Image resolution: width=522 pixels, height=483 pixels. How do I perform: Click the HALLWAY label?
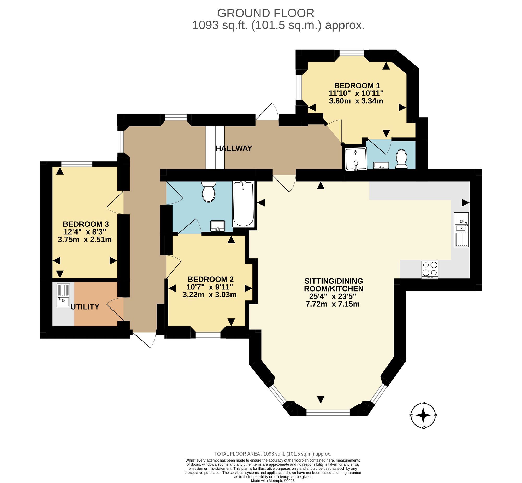tap(234, 148)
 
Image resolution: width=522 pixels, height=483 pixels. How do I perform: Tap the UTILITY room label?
tap(85, 307)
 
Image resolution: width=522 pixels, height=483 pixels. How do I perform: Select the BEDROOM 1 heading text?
tap(357, 85)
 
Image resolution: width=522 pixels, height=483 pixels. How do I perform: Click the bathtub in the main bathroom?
tap(243, 204)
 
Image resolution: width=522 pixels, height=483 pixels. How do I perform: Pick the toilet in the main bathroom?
tap(209, 192)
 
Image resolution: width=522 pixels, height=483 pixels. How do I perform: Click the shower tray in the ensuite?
tap(356, 159)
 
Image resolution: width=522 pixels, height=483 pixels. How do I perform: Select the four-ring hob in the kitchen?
tap(430, 270)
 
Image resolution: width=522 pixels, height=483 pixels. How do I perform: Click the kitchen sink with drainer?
tap(461, 230)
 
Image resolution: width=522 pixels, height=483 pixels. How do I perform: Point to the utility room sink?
tap(63, 295)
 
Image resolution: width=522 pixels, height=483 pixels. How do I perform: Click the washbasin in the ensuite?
tap(381, 165)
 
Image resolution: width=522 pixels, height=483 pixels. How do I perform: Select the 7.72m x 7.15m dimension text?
tap(333, 304)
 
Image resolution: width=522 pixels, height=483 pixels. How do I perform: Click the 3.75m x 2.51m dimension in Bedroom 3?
tap(85, 239)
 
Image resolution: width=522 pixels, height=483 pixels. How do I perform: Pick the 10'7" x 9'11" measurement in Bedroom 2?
tap(209, 287)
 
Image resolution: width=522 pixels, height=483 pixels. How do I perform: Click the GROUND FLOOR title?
tap(266, 13)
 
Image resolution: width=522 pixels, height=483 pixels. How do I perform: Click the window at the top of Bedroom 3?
tap(77, 164)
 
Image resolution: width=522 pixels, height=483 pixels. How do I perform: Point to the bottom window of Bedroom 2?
tap(208, 335)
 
